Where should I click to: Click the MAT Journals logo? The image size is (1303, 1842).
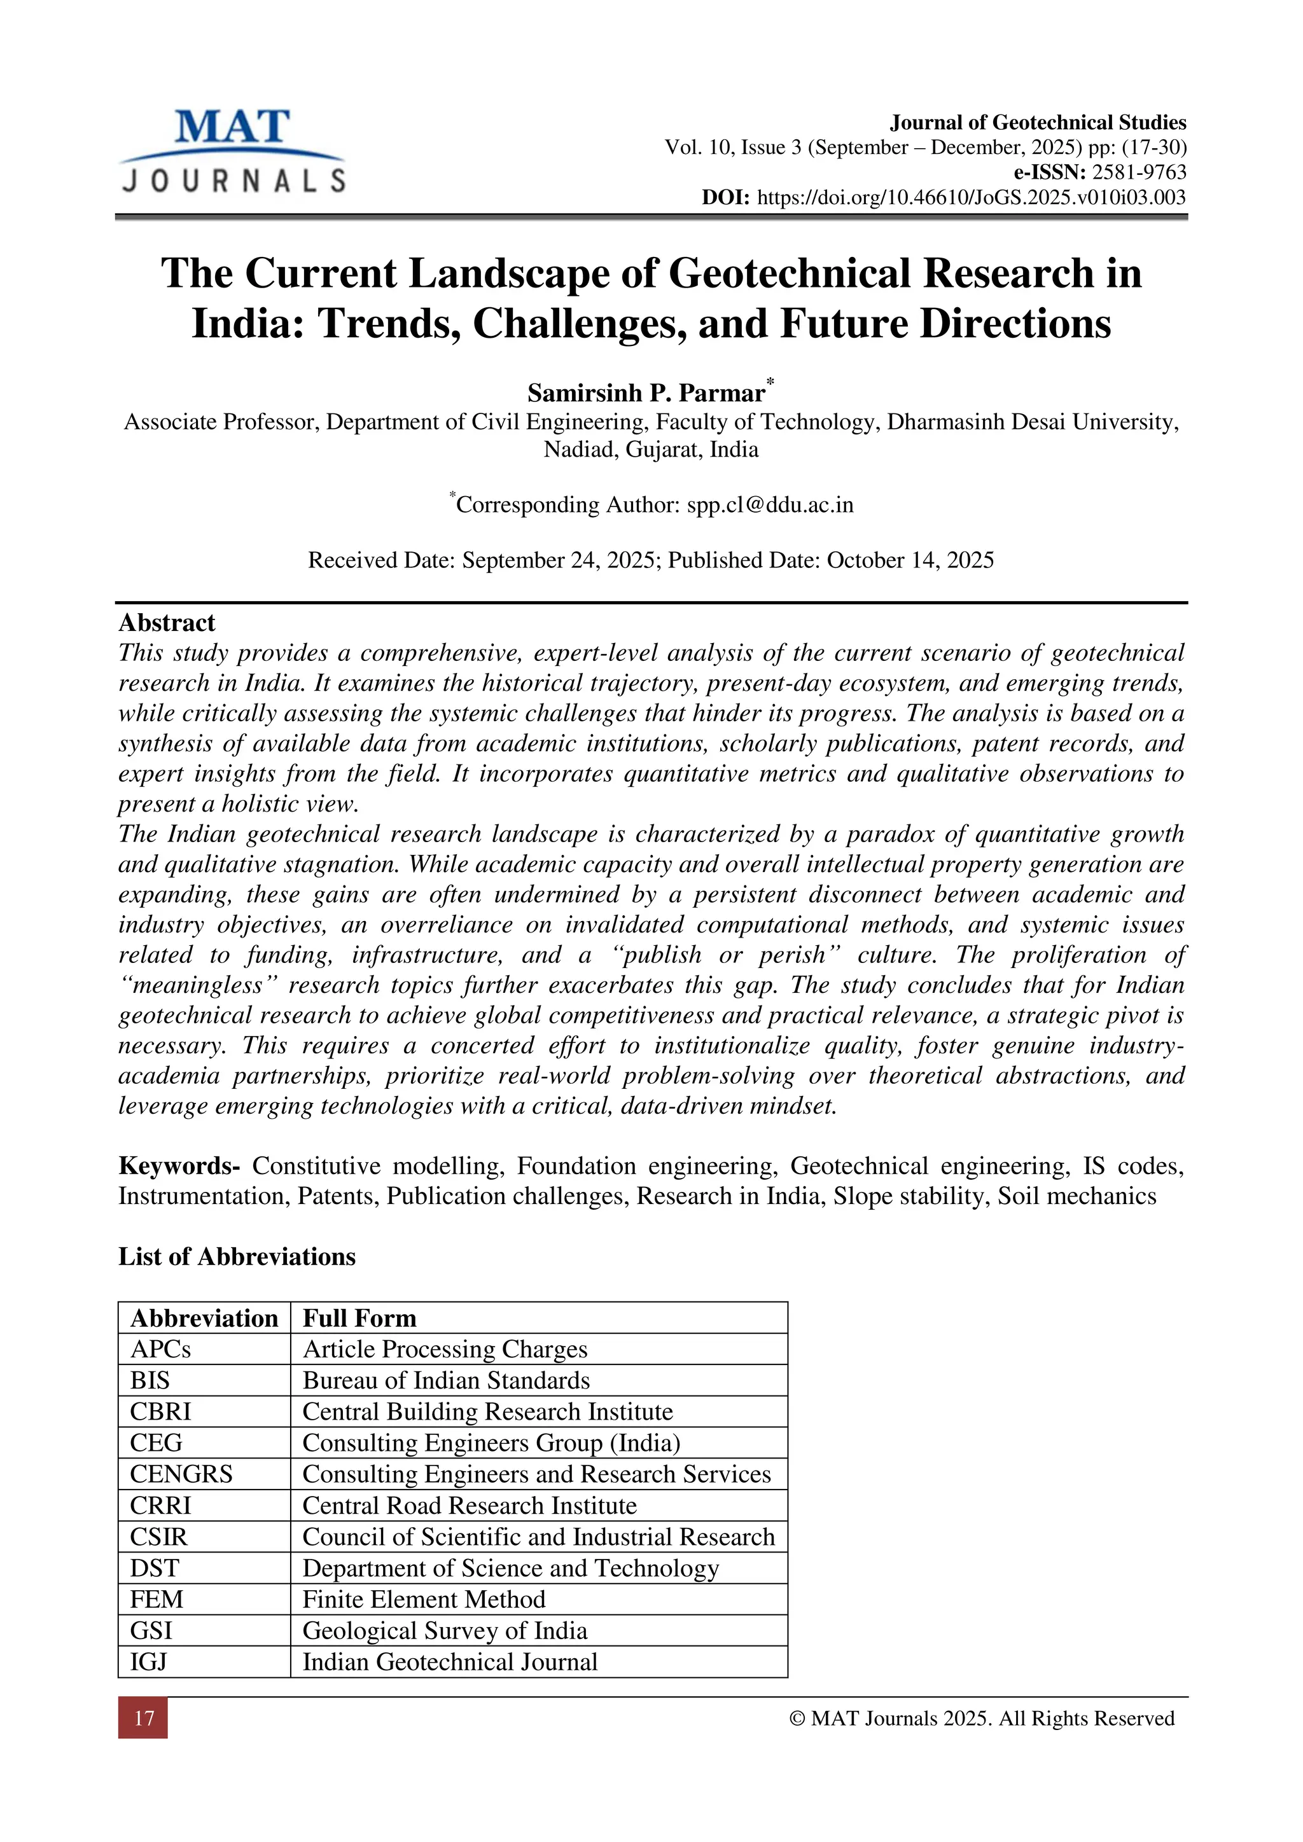point(233,151)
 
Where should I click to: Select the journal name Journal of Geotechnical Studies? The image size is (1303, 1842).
point(1038,122)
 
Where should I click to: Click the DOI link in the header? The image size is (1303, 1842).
point(971,197)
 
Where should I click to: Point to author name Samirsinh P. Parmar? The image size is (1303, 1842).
point(646,393)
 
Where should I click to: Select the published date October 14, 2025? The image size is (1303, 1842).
point(910,560)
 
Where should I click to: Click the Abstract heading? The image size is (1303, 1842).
point(167,623)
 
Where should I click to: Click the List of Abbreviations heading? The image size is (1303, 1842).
point(237,1256)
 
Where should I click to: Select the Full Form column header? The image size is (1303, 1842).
point(359,1318)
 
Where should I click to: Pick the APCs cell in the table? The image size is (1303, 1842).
point(160,1350)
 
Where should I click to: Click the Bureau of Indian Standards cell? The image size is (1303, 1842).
point(446,1381)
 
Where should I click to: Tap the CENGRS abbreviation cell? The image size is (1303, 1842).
point(181,1474)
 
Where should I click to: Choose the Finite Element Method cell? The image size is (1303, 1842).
point(424,1600)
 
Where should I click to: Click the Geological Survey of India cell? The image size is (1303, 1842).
point(445,1631)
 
